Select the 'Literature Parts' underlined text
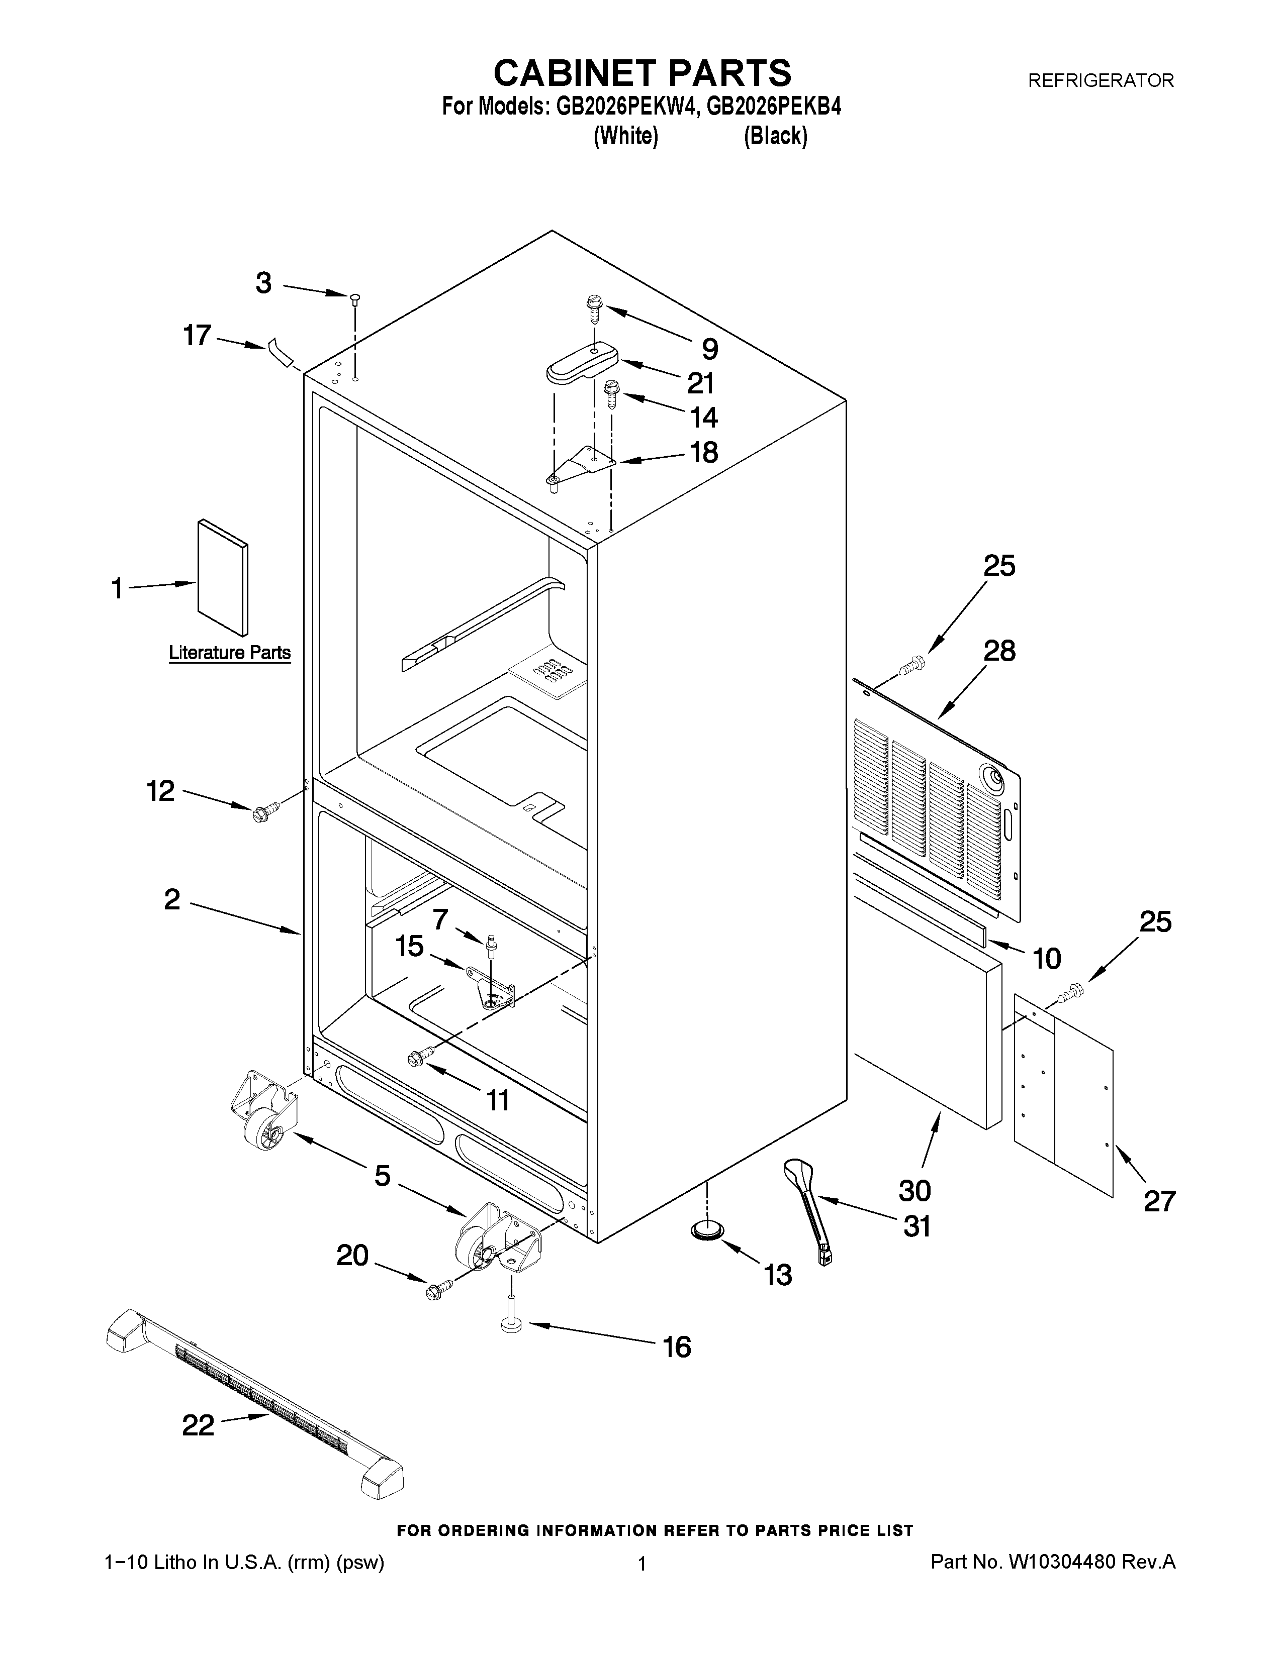(229, 652)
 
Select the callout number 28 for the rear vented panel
(999, 651)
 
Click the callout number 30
(914, 1190)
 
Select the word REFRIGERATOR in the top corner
(1101, 80)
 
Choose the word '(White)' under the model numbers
(625, 137)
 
